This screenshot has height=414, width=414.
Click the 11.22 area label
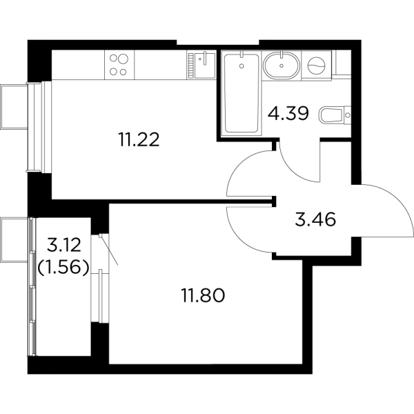pyautogui.click(x=141, y=141)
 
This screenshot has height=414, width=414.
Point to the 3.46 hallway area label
pyautogui.click(x=315, y=221)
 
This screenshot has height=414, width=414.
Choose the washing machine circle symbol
pyautogui.click(x=317, y=66)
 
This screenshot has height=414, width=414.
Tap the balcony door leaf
pyautogui.click(x=109, y=250)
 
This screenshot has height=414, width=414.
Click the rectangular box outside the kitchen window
pyautogui.click(x=13, y=107)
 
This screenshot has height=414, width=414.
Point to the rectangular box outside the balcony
pyautogui.click(x=13, y=241)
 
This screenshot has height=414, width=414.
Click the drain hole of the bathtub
pyautogui.click(x=241, y=68)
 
